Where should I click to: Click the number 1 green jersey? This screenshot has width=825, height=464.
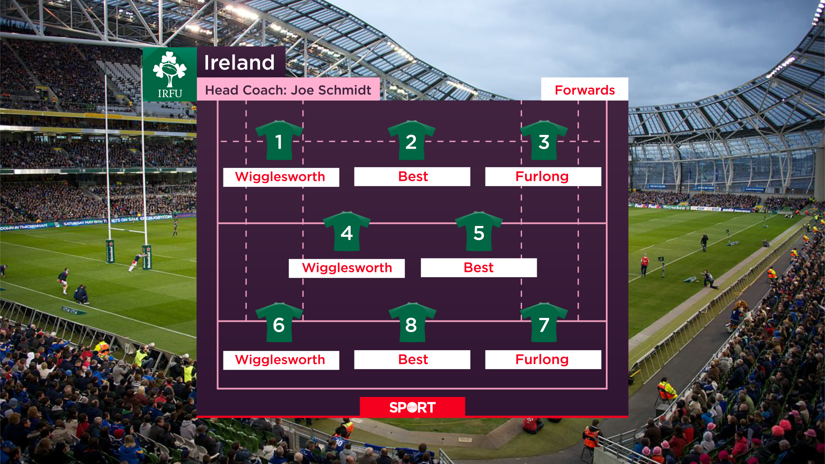click(279, 141)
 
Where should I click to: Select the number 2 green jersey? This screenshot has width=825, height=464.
click(411, 141)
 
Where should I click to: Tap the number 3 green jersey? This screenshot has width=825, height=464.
click(544, 141)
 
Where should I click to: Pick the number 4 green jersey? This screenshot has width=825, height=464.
click(346, 232)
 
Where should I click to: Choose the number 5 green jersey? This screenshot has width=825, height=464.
click(479, 232)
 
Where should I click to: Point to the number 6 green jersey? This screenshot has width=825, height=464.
click(279, 324)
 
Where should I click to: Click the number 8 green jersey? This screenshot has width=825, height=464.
click(412, 324)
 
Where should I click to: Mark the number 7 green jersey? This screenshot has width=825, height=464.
click(544, 324)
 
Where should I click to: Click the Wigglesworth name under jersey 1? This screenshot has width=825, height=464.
click(281, 177)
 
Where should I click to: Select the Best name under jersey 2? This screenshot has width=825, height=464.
click(412, 177)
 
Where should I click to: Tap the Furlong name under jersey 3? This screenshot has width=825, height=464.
click(542, 177)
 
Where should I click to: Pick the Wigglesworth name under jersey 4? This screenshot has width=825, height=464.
click(347, 268)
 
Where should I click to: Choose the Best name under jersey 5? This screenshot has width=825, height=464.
click(479, 268)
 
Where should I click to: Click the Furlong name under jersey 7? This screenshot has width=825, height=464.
click(542, 360)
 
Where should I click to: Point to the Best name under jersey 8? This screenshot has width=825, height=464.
click(412, 360)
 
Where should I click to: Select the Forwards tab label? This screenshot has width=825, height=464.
click(584, 90)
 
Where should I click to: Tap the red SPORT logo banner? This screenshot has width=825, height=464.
click(412, 407)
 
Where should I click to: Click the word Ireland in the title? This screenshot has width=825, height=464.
click(239, 63)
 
